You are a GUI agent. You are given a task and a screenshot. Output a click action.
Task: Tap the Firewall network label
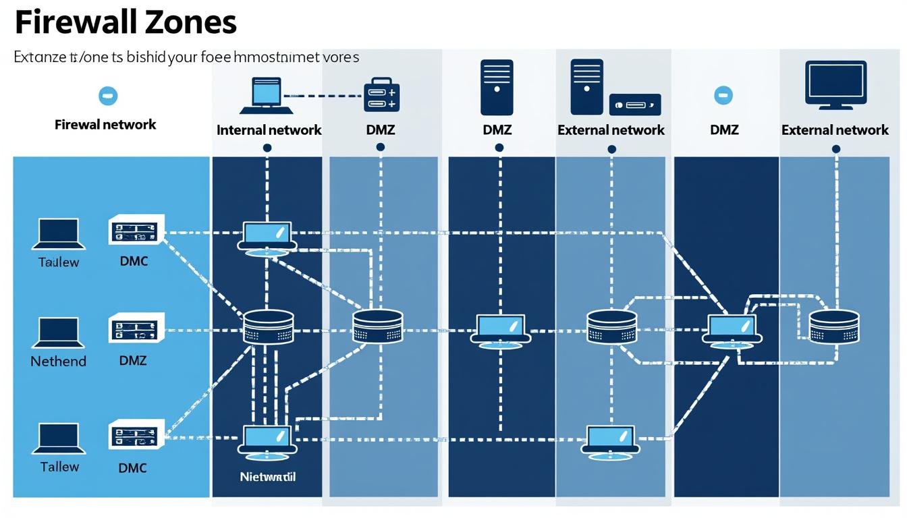(x=105, y=124)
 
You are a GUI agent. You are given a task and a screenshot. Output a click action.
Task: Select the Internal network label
(x=269, y=129)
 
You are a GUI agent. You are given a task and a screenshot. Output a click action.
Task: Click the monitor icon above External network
(x=835, y=85)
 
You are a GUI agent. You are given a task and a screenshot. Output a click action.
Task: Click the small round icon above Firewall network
(x=107, y=96)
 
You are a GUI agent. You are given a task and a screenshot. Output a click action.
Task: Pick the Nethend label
(x=59, y=361)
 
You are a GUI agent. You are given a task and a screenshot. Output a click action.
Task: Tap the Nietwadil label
(x=268, y=476)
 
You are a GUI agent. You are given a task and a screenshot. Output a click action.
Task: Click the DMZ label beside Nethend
(x=133, y=361)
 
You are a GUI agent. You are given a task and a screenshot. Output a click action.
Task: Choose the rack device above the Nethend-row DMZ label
(x=136, y=328)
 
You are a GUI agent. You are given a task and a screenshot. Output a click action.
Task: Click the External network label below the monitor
(x=835, y=129)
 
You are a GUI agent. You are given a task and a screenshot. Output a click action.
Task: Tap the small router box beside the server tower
(x=634, y=105)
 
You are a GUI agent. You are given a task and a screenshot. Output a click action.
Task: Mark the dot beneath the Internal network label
(x=268, y=148)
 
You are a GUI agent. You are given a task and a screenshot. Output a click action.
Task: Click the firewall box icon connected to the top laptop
(x=382, y=94)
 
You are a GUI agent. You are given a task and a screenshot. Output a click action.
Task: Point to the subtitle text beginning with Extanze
(x=186, y=57)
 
